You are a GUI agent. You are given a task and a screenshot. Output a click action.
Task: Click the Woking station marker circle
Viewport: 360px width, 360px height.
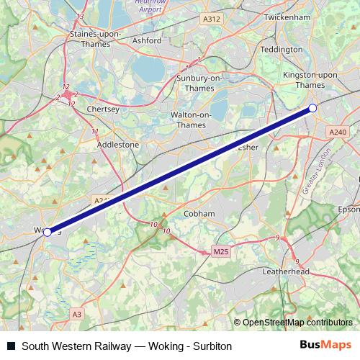click(x=48, y=232)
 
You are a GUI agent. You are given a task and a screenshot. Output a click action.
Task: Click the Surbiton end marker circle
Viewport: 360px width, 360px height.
click(x=312, y=108)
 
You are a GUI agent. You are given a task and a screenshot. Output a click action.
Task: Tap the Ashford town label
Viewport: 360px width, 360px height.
click(x=148, y=40)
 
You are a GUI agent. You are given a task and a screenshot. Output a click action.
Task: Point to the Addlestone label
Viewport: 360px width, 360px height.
click(x=118, y=144)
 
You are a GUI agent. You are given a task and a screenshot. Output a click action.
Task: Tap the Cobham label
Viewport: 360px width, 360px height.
click(x=199, y=214)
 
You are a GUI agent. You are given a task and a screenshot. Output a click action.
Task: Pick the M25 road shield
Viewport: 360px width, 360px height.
click(x=221, y=252)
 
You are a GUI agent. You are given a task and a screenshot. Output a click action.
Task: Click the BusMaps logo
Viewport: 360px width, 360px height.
click(x=325, y=345)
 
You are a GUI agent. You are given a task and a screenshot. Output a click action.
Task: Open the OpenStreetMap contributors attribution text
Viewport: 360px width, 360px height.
click(x=298, y=322)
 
